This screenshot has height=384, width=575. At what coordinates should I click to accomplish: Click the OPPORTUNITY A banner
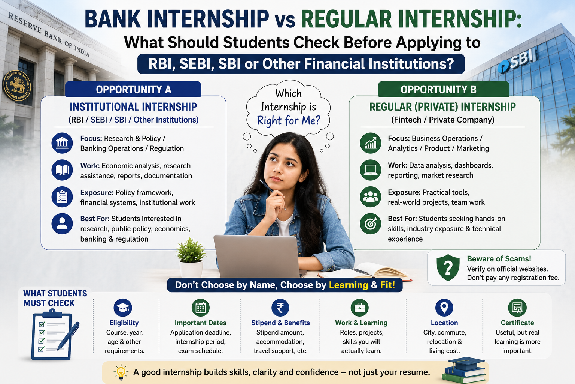133,89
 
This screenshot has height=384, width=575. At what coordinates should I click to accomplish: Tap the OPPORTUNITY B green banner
444,89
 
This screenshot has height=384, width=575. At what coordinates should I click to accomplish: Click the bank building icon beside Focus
62,143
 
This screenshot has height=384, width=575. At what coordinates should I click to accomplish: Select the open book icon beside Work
62,170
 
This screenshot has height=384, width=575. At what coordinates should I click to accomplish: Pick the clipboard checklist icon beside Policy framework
62,197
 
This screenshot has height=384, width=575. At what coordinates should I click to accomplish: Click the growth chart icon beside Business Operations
370,143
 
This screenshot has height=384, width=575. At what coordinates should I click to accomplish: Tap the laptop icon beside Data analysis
370,170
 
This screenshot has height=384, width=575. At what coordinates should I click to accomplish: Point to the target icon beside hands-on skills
370,223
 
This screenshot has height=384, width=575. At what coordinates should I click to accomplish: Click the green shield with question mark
448,267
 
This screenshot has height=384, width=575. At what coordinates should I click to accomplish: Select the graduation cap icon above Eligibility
123,307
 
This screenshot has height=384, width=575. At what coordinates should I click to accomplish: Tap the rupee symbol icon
280,307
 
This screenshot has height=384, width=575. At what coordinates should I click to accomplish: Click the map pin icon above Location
444,307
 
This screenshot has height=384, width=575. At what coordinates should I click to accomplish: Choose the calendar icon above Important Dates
201,307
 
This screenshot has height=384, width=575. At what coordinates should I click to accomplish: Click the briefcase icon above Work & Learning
360,307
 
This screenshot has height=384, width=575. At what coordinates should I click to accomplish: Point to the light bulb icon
121,372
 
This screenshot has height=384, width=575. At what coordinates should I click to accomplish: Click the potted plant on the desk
191,257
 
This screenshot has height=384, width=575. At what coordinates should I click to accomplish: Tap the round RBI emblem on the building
17,85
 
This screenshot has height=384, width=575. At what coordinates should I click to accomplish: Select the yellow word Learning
349,285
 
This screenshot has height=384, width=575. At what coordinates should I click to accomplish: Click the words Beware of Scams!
499,258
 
